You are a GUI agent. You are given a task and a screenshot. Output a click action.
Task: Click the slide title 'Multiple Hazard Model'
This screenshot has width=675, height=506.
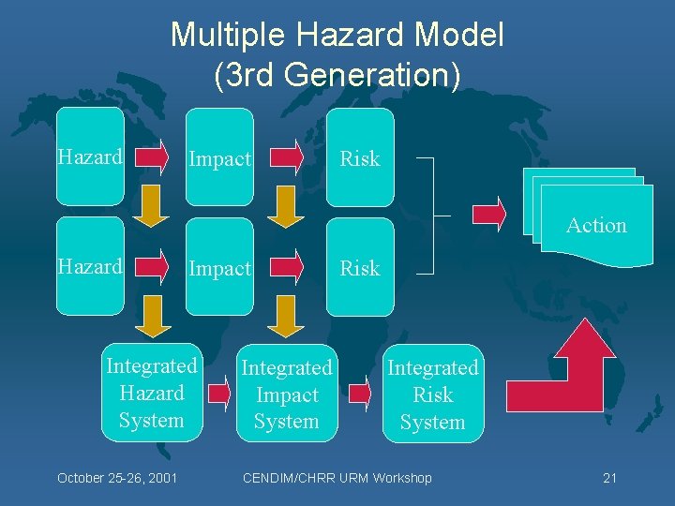click(x=337, y=36)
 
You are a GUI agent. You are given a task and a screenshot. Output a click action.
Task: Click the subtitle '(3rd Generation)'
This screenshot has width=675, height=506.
click(x=337, y=76)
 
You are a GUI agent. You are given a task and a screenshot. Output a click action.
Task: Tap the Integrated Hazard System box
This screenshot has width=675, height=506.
click(x=152, y=393)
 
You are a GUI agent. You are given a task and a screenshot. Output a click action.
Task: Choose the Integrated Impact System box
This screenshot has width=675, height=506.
click(x=287, y=394)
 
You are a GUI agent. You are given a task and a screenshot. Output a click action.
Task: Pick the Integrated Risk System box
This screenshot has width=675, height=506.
click(x=432, y=394)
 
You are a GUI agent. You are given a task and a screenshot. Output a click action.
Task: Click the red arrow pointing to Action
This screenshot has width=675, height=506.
click(x=489, y=215)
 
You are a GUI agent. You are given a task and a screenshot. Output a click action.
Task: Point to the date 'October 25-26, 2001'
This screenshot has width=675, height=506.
click(x=118, y=478)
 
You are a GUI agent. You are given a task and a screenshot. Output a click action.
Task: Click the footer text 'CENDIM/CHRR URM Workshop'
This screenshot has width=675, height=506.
click(x=337, y=478)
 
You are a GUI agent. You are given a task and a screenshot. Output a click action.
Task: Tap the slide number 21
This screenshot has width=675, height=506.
click(x=609, y=478)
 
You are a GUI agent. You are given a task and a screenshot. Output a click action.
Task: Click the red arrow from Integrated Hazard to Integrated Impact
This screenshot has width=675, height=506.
click(x=219, y=392)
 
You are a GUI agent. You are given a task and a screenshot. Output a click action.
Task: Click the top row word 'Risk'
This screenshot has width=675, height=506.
click(x=360, y=158)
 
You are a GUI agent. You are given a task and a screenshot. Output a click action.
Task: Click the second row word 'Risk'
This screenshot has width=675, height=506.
click(x=360, y=268)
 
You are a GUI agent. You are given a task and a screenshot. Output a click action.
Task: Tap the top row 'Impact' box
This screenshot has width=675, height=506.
click(x=219, y=157)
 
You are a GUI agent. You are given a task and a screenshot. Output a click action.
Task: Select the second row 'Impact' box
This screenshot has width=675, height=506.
click(x=219, y=267)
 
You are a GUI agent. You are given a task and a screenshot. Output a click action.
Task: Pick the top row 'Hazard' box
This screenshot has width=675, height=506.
click(x=90, y=156)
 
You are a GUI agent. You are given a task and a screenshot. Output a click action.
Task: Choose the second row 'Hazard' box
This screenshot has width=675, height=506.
click(x=90, y=266)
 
